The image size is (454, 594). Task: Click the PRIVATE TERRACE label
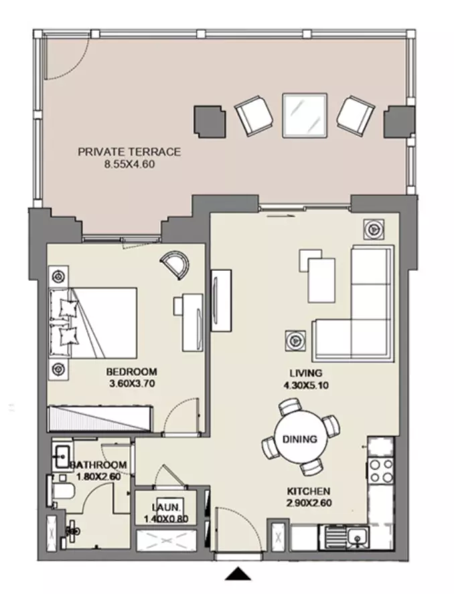click(129, 152)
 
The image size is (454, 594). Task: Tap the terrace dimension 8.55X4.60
click(130, 165)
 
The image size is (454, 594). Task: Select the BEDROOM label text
click(132, 372)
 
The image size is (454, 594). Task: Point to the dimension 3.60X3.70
click(132, 384)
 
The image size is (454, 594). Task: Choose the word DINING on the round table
click(299, 439)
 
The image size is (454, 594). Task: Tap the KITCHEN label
click(308, 492)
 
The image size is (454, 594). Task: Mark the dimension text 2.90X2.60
click(309, 503)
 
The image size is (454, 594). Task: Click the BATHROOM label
click(99, 465)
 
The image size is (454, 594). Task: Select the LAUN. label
click(165, 507)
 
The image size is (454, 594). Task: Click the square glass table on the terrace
click(305, 115)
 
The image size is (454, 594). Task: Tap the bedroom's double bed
click(93, 323)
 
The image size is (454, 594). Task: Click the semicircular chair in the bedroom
click(175, 265)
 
